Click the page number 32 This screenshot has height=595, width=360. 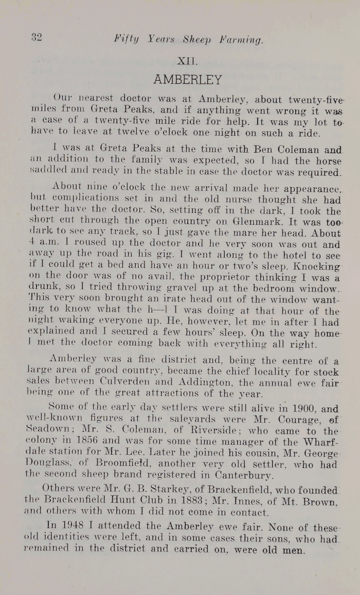pyautogui.click(x=35, y=37)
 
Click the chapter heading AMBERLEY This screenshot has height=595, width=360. pyautogui.click(x=188, y=80)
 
